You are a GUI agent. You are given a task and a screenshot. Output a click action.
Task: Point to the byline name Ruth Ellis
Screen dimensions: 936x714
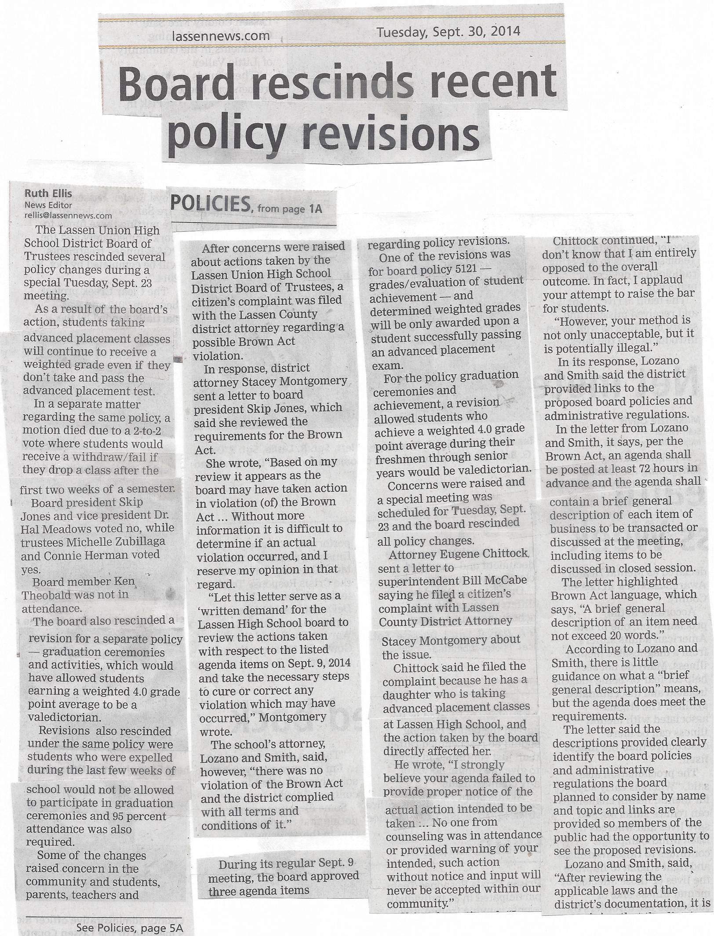click(48, 193)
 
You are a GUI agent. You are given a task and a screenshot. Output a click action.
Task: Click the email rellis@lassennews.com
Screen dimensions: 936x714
click(68, 215)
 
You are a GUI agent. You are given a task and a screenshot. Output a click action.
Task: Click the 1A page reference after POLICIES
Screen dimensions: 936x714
click(315, 208)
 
